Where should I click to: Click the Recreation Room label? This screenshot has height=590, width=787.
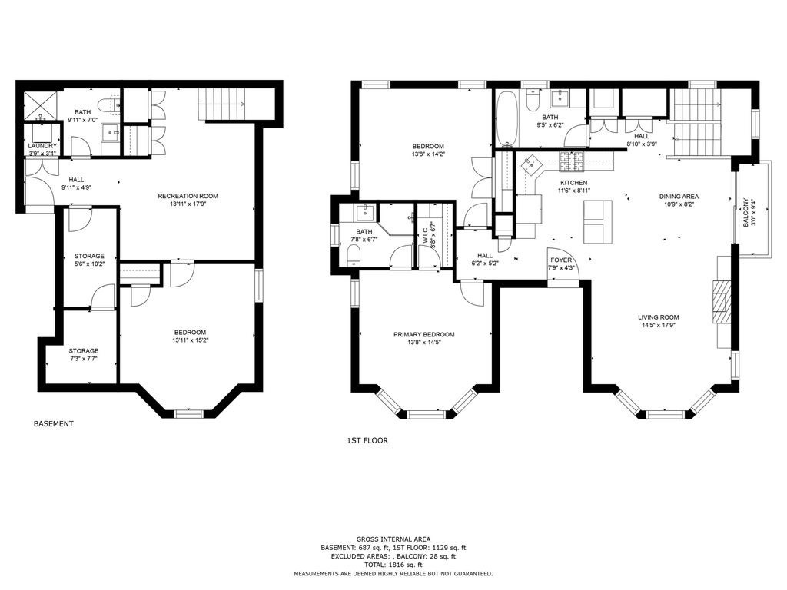point(188,196)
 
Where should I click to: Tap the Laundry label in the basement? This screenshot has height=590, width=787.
point(42,146)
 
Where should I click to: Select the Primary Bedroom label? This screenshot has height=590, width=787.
point(424,335)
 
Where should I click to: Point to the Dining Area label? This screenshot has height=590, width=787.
point(679,197)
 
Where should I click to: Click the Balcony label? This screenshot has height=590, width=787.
point(745,212)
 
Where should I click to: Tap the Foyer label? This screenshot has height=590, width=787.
point(561,260)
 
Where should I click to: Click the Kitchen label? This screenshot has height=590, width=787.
point(573,183)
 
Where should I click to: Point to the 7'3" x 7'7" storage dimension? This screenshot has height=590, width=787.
point(84,359)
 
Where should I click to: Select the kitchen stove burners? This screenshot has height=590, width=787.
point(572,160)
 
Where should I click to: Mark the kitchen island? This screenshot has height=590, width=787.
point(598,221)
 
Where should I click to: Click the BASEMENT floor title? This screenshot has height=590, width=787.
point(53,424)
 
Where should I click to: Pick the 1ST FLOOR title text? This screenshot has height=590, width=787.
point(367,441)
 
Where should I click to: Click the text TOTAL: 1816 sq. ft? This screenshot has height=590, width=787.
point(393,565)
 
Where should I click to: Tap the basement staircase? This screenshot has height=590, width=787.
point(221,104)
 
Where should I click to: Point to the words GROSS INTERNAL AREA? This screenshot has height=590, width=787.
point(393,539)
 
